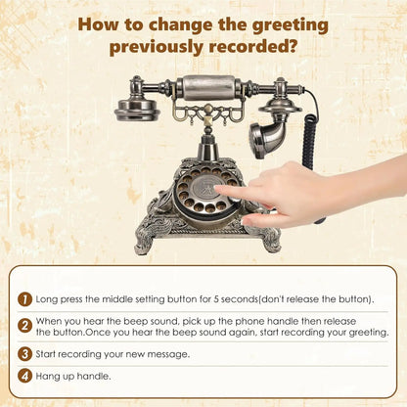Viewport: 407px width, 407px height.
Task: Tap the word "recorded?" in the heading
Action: [253, 46]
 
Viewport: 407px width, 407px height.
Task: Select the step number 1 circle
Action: [25, 299]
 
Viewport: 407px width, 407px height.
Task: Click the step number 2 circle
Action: [25, 326]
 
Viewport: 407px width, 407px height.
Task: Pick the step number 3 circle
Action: [25, 354]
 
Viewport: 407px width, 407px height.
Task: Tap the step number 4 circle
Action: [25, 376]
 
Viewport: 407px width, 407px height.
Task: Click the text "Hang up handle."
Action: [73, 377]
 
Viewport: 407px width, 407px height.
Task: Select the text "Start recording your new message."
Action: [113, 354]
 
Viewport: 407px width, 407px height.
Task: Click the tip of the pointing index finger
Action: [216, 189]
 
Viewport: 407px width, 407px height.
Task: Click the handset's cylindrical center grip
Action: [208, 87]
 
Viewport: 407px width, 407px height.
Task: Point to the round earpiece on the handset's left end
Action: [137, 110]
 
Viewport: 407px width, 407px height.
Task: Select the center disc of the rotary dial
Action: [204, 190]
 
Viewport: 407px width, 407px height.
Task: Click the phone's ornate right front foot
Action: [269, 239]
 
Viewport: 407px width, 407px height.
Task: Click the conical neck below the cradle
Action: [207, 148]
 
